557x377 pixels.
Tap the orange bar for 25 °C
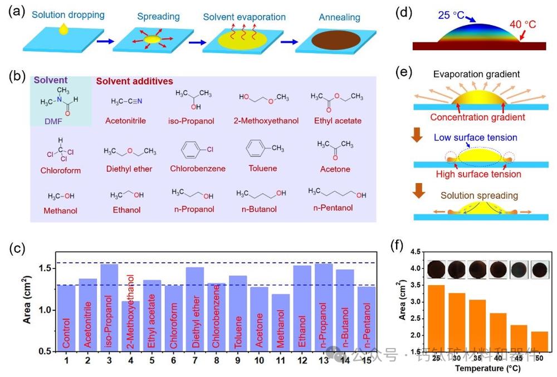pos(437,318)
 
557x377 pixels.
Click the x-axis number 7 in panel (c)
pos(194,361)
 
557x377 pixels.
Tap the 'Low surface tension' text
pos(483,138)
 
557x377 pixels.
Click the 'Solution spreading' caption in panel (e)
pos(479,196)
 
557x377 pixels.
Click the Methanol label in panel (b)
pos(60,210)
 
